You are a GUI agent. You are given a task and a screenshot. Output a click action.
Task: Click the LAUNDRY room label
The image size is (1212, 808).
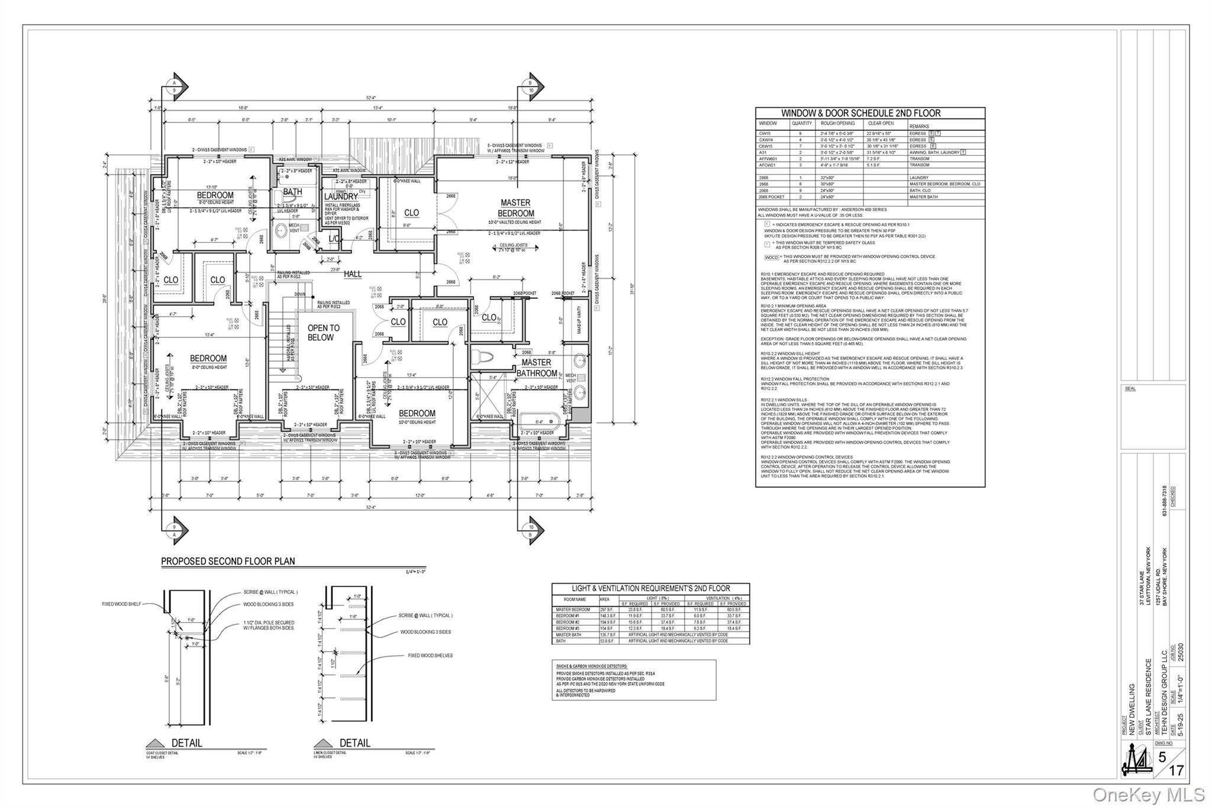tap(341, 197)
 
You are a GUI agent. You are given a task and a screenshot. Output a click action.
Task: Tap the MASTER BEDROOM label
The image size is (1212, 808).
tap(515, 208)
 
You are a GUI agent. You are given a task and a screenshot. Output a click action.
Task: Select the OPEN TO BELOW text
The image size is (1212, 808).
tap(323, 333)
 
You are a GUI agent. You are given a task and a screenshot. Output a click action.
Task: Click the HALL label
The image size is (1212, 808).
tap(353, 274)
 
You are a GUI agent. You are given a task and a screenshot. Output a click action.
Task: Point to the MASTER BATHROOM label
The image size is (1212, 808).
tap(537, 368)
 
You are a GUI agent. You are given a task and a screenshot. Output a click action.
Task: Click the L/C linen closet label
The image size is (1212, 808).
tap(334, 239)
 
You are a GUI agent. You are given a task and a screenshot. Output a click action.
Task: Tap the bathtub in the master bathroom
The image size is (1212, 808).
tap(539, 421)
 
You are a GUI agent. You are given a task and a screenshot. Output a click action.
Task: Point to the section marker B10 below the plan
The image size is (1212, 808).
tap(531, 530)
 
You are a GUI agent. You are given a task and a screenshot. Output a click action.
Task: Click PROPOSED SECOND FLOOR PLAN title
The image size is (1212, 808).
tap(228, 561)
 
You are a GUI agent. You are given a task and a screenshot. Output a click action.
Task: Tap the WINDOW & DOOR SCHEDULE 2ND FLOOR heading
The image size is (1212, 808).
tap(869, 113)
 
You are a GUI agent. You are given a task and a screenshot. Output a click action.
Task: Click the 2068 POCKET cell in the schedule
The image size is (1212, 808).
tap(771, 197)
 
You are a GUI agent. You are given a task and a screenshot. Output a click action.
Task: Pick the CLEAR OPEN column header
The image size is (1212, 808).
tap(881, 124)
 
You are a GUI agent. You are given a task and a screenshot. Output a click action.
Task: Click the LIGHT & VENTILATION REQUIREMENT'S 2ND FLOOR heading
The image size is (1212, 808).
tap(650, 588)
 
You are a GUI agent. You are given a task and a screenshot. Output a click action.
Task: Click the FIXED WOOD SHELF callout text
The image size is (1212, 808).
tap(121, 604)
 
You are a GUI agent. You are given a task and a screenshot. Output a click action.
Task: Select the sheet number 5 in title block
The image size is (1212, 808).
tap(1162, 757)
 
